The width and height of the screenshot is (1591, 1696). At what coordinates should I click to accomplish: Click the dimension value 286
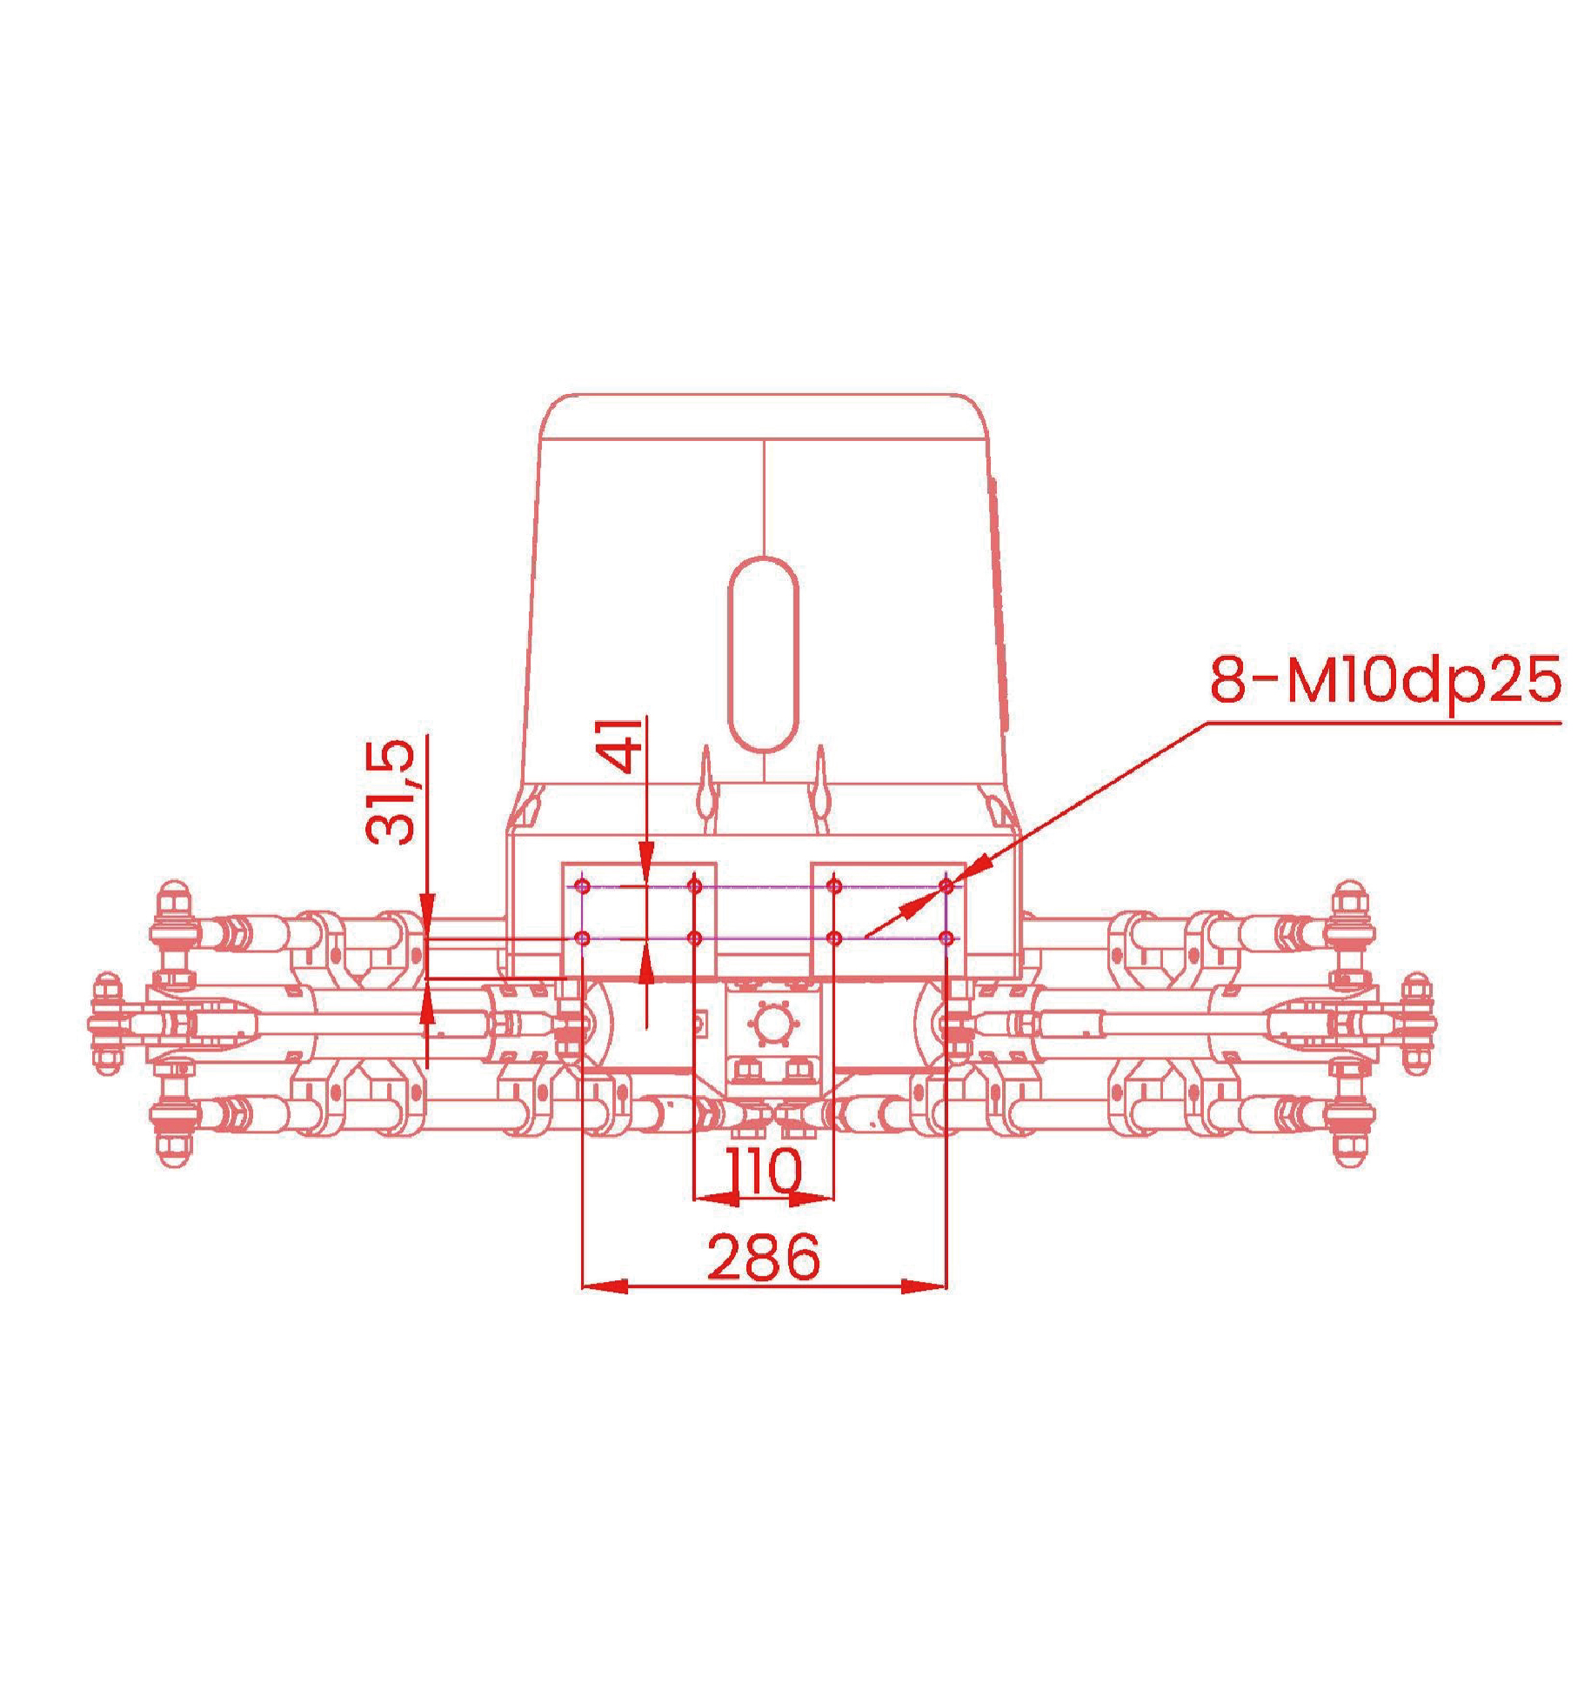763,1257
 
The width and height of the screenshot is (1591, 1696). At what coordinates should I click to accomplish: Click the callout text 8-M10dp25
1385,680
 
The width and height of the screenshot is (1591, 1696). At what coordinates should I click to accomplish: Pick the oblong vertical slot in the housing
763,654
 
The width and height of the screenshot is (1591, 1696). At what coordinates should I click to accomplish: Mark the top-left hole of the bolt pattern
583,886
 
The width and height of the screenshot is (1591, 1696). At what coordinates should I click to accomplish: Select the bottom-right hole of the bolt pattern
946,938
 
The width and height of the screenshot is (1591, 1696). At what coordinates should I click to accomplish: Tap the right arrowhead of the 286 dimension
924,1285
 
